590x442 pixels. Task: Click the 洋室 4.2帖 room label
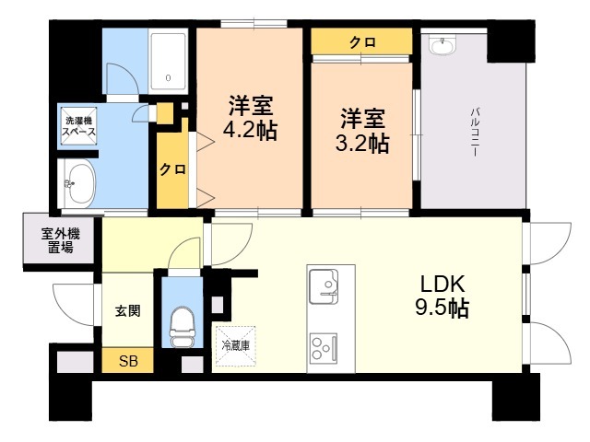pyautogui.click(x=250, y=118)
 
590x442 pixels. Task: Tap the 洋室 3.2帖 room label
pyautogui.click(x=362, y=131)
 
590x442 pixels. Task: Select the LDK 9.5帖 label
pyautogui.click(x=442, y=297)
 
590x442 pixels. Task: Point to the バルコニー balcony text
pyautogui.click(x=474, y=133)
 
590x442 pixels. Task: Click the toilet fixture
pyautogui.click(x=182, y=327)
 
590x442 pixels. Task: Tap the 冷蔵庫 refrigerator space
pyautogui.click(x=236, y=346)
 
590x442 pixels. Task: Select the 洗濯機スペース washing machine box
pyautogui.click(x=78, y=126)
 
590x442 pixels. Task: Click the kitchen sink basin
pyautogui.click(x=324, y=286)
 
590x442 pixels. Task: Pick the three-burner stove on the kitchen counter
pyautogui.click(x=324, y=348)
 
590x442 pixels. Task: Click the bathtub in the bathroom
pyautogui.click(x=168, y=62)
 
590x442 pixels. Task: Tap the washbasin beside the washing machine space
pyautogui.click(x=77, y=183)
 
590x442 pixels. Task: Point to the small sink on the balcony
pyautogui.click(x=442, y=45)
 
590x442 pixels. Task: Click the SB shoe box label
pyautogui.click(x=128, y=361)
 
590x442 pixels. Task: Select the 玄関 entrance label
pyautogui.click(x=128, y=311)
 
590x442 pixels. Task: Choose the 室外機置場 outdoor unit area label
pyautogui.click(x=60, y=241)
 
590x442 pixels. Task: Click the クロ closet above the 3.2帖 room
pyautogui.click(x=362, y=42)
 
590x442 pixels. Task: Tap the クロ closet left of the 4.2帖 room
pyautogui.click(x=172, y=169)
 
